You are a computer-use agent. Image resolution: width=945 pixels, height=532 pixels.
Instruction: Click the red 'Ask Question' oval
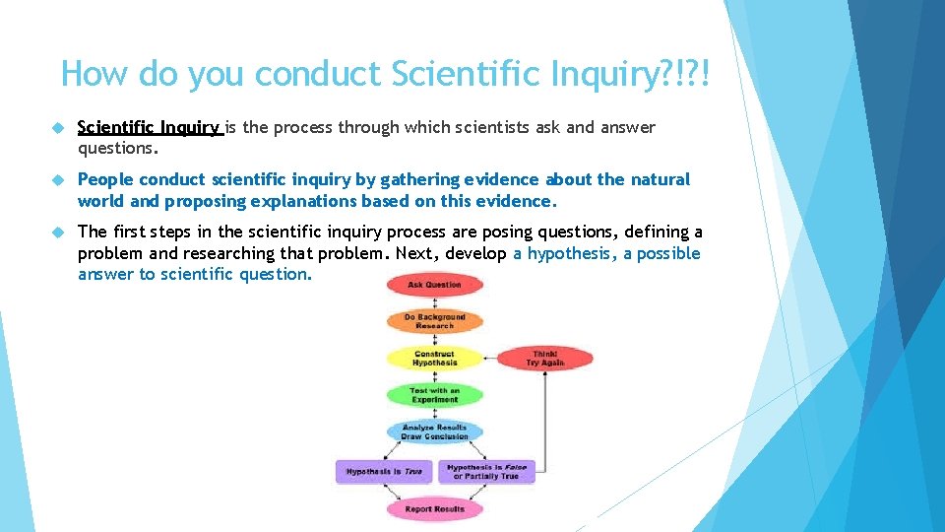(434, 285)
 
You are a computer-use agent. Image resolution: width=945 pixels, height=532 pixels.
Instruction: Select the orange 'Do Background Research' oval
(434, 321)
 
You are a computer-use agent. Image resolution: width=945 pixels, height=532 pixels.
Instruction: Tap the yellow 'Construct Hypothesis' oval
(434, 358)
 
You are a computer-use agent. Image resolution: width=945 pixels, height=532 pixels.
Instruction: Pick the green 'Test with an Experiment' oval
(434, 395)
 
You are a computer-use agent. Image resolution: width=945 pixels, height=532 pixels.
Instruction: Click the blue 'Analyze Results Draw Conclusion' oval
(434, 432)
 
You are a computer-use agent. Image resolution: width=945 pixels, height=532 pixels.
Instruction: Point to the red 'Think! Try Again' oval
(544, 359)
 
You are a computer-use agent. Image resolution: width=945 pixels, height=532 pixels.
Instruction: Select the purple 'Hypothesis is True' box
(383, 472)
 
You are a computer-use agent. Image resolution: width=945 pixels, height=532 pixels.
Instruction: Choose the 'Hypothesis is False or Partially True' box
(486, 472)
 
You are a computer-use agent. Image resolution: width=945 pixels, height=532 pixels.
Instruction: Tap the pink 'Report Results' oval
(434, 509)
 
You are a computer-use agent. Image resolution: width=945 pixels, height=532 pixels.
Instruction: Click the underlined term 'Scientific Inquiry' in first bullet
(149, 127)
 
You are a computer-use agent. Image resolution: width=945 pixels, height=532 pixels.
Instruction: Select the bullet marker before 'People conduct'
(58, 180)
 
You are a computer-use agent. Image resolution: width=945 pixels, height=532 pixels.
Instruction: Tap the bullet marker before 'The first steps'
(58, 233)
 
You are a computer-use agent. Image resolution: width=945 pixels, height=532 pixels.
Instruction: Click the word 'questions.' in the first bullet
(116, 149)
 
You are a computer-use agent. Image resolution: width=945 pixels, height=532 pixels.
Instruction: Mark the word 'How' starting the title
(95, 74)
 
